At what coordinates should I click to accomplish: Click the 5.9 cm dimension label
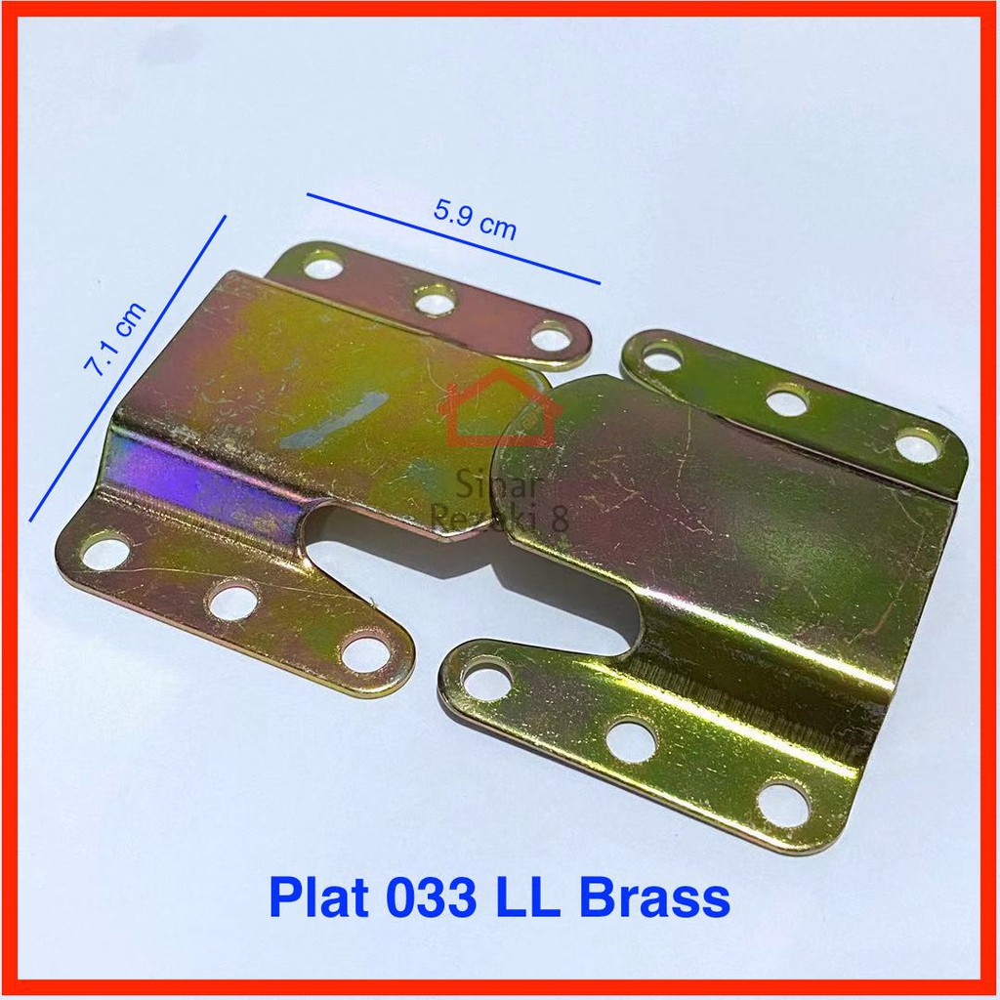tap(475, 220)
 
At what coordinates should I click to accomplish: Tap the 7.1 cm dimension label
tap(115, 338)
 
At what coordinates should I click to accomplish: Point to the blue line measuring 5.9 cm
tap(453, 238)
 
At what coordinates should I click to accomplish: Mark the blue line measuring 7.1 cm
tap(128, 368)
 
